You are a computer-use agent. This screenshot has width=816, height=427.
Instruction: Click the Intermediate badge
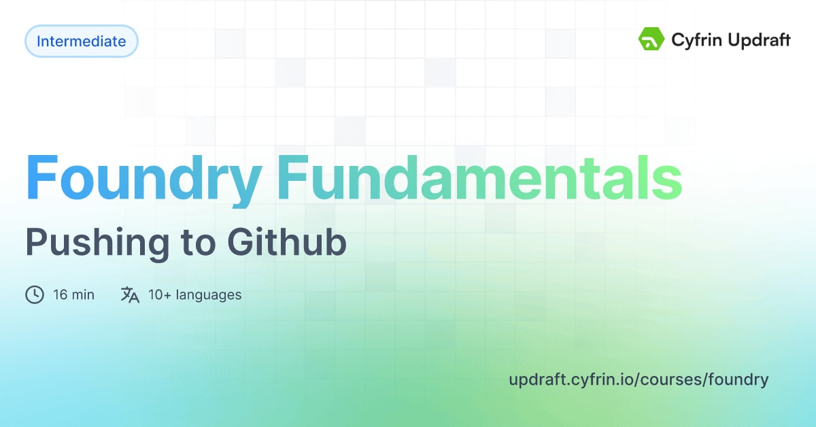81,41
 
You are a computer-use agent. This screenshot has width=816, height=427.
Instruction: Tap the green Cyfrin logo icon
651,40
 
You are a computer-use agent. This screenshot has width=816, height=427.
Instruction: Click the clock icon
35,295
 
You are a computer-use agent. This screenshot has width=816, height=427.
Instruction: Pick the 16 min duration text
73,295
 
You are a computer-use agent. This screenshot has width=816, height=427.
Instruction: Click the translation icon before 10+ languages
130,295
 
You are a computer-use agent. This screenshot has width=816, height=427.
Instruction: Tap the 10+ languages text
194,295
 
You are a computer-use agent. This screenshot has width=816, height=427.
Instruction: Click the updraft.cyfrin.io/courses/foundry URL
638,379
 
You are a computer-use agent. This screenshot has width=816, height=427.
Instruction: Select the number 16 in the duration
59,295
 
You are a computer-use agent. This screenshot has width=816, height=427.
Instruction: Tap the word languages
209,295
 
